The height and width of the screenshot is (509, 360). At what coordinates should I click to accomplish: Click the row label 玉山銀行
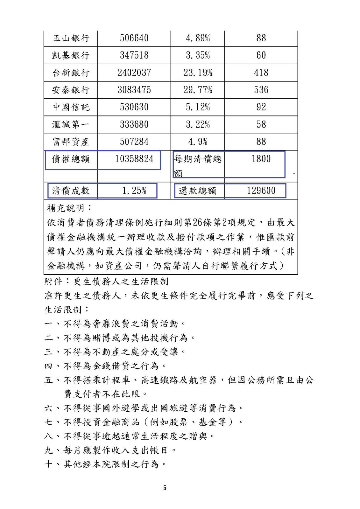click(x=71, y=38)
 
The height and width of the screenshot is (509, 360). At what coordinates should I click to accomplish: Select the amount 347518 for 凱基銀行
click(x=134, y=55)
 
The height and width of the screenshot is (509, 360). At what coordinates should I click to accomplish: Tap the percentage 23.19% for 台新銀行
click(x=198, y=73)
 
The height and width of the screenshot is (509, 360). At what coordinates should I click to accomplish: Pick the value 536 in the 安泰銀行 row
click(x=261, y=90)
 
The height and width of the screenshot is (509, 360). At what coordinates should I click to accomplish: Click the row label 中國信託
click(x=71, y=107)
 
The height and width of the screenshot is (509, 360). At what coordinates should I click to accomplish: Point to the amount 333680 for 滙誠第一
click(x=134, y=124)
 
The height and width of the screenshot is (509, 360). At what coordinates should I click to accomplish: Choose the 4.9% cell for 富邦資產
click(x=198, y=142)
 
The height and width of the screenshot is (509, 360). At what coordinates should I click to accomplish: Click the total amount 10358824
click(x=134, y=159)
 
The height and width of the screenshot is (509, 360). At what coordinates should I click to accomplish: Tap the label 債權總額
click(x=71, y=159)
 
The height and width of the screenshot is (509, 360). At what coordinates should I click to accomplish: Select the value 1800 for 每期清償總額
click(x=261, y=159)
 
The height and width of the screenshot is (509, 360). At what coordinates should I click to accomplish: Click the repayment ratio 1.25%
click(x=134, y=191)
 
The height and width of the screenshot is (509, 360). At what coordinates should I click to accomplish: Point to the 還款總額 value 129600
click(x=261, y=191)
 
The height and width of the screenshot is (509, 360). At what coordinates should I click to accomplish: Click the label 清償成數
click(x=71, y=191)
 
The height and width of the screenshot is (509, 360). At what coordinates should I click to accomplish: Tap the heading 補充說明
click(x=69, y=208)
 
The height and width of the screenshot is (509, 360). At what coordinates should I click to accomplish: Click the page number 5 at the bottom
click(x=165, y=488)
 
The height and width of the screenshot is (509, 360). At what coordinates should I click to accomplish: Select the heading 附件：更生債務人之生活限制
click(x=106, y=282)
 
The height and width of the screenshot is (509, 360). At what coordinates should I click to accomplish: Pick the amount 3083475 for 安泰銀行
click(x=134, y=90)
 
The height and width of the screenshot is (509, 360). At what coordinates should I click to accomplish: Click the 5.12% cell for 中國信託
click(x=198, y=107)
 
